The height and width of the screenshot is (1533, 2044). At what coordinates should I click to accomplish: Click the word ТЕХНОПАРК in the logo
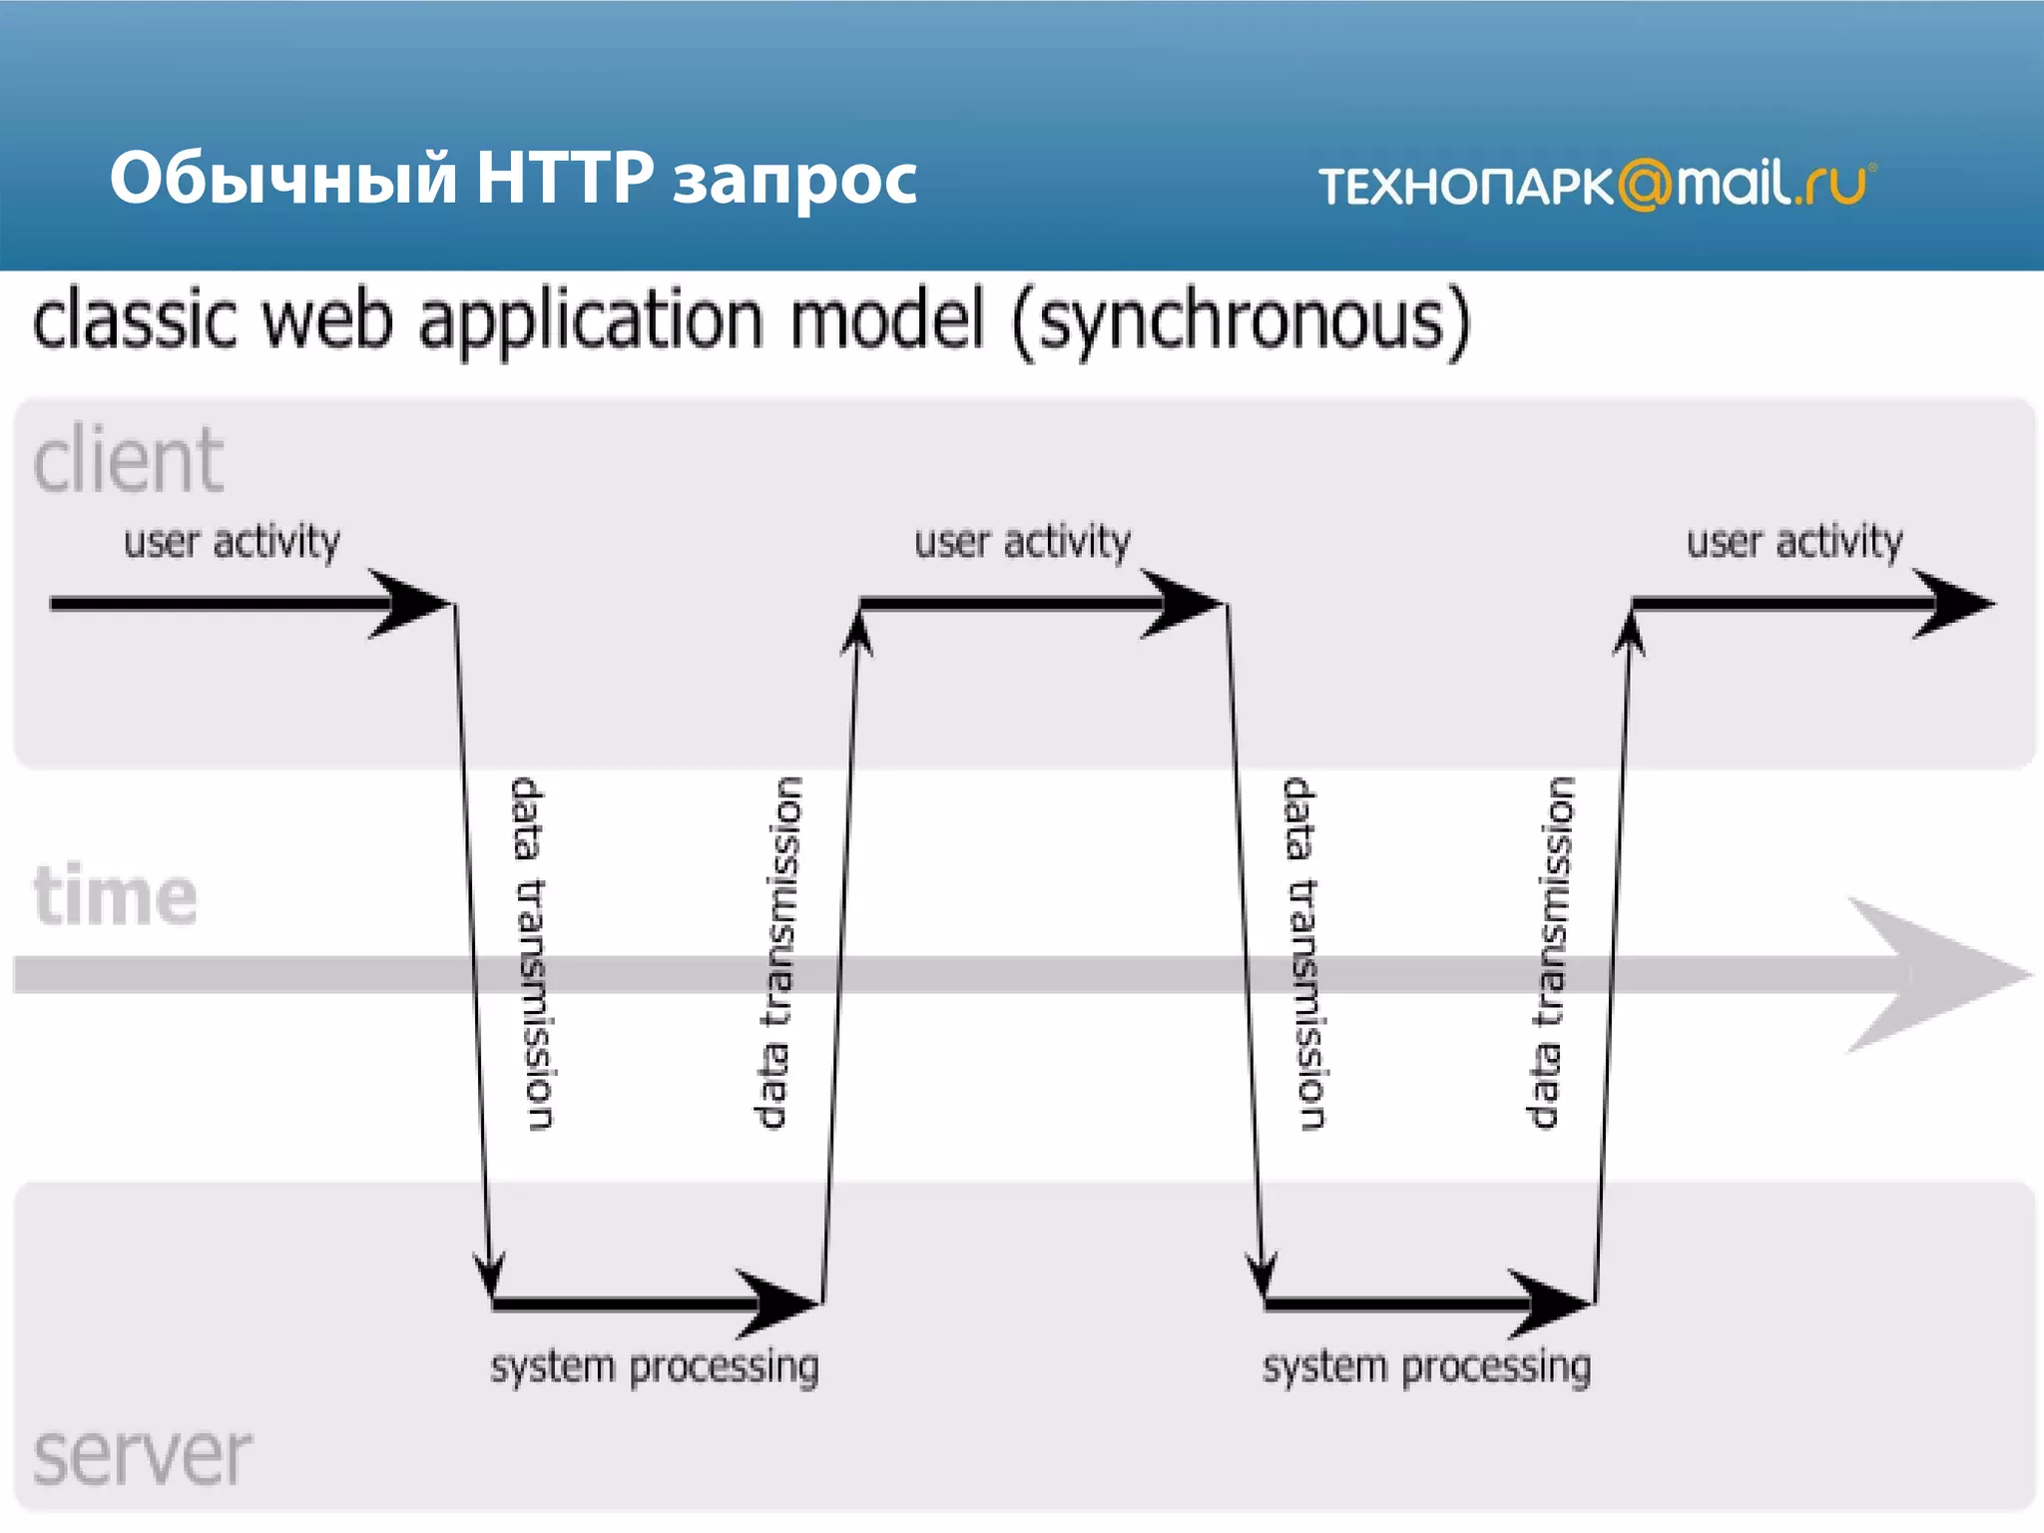(1465, 187)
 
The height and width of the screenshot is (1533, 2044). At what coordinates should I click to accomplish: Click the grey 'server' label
(142, 1455)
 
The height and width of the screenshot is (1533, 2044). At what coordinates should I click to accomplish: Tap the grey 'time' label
(115, 894)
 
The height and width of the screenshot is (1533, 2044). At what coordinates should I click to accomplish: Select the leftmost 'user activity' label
(232, 542)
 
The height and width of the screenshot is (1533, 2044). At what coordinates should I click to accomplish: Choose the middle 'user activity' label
(1022, 542)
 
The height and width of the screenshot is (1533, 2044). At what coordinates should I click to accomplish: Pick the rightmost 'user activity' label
(1794, 542)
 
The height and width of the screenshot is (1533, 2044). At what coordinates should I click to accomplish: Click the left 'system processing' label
(654, 1366)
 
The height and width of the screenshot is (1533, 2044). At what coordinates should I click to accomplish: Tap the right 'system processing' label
(1426, 1366)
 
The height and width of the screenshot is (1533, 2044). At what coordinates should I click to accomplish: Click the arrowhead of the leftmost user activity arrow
(414, 604)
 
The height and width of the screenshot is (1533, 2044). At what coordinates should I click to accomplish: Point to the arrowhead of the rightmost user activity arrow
(1956, 604)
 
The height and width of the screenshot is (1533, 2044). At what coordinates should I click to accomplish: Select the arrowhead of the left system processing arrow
(783, 1302)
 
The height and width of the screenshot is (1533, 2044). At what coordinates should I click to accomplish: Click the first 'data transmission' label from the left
(530, 953)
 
